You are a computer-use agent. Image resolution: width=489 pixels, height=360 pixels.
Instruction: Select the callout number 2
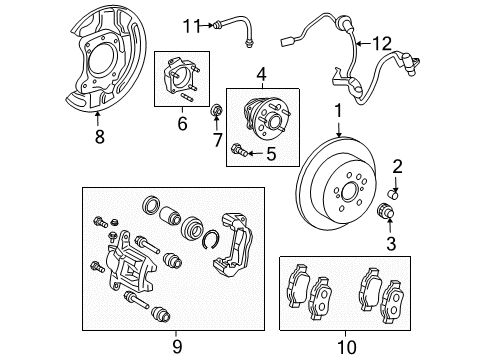[x=397, y=166]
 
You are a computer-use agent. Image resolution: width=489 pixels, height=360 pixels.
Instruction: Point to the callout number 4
[x=260, y=74]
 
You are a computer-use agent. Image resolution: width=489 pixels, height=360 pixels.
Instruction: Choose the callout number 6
[x=182, y=123]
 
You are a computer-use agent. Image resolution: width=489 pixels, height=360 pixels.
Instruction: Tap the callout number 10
[x=346, y=347]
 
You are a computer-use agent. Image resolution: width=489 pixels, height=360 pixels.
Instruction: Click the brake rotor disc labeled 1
[x=345, y=190]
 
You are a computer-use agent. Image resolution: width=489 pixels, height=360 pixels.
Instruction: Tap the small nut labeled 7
[x=218, y=109]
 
